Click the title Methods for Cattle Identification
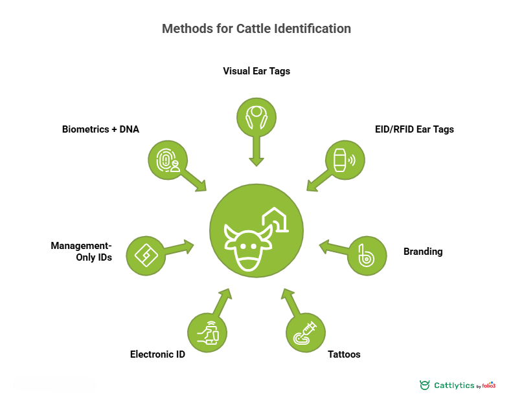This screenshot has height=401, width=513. coord(256,29)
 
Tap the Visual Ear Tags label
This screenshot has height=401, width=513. coord(256,71)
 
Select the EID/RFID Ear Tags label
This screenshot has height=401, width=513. coord(415,129)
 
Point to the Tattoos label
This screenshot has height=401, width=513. coord(344,354)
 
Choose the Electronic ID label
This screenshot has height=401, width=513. coord(157,354)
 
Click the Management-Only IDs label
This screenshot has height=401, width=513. coord(82,252)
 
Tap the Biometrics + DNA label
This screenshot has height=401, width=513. coord(100,129)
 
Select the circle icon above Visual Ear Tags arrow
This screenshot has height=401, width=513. coord(256,117)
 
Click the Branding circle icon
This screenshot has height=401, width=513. coord(367,256)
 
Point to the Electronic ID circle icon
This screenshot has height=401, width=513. coord(207,333)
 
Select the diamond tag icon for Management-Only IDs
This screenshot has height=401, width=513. coord(146,256)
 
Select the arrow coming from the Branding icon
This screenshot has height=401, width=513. coord(334,248)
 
